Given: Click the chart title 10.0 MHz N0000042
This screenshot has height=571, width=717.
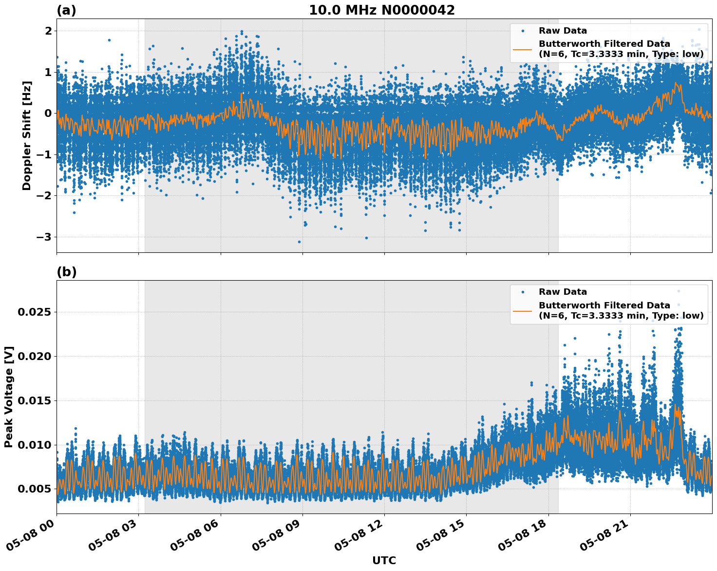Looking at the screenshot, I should pos(381,10).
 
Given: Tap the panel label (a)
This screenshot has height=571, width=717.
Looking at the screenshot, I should pos(66,10).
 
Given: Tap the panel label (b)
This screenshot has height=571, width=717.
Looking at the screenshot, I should pos(66,272).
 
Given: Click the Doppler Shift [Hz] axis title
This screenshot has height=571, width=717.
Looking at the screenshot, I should pos(27,135).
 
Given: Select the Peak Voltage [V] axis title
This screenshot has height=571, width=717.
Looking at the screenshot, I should pos(9,397).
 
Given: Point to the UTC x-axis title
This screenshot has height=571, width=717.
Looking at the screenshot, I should pos(384,560).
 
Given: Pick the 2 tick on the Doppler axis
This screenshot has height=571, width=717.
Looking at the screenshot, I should pos(48,31).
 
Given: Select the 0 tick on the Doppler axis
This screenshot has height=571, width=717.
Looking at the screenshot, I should pos(48,114).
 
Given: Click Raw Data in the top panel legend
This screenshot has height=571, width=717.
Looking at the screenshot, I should pos(563,31).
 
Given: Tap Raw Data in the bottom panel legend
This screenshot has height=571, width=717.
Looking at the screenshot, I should pos(563,292).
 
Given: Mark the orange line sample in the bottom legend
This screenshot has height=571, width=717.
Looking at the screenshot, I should pos(523,310).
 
